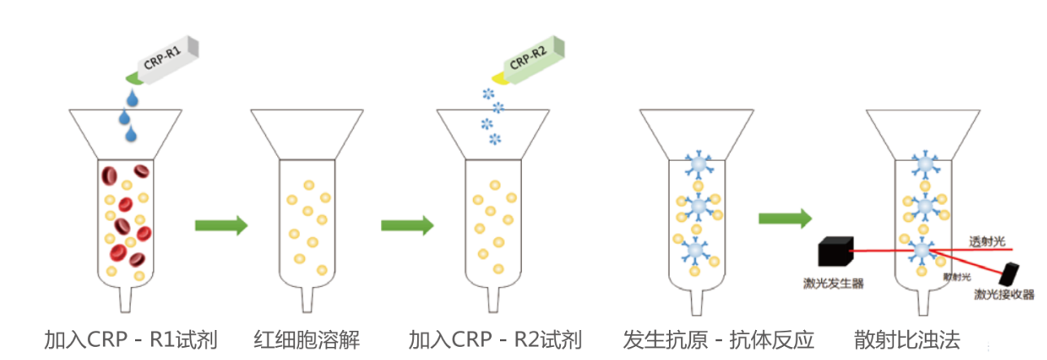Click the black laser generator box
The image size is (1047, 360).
point(836,253)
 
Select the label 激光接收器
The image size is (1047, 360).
point(1004,294)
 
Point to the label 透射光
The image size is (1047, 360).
point(987,241)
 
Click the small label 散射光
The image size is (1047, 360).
point(956,277)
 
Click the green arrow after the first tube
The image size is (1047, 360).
point(220,226)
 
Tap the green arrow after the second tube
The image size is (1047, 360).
point(406,226)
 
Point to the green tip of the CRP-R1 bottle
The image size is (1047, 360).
point(131,78)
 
